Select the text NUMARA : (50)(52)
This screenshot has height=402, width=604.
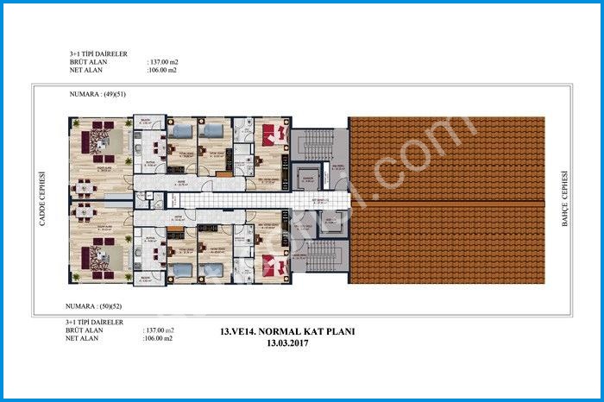pyautogui.click(x=97, y=306)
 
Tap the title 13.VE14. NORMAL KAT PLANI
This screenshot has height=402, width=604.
pyautogui.click(x=288, y=331)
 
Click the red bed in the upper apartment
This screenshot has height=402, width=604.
pyautogui.click(x=274, y=135)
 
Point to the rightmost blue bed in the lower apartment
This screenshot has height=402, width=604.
pyautogui.click(x=212, y=270)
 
